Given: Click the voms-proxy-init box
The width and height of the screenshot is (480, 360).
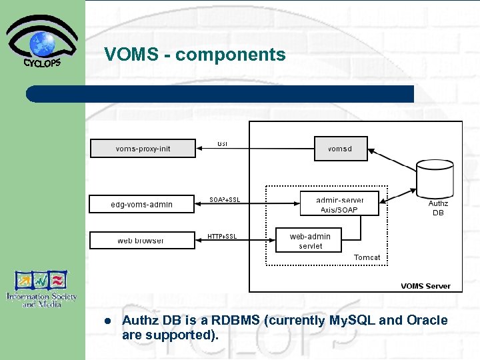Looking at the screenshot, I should pos(143,148).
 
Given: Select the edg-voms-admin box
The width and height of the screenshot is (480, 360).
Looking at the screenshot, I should pos(141,204).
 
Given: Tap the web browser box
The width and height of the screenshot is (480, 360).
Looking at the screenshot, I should pos(141,240).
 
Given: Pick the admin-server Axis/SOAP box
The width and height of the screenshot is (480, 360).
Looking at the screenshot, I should pos(339,205).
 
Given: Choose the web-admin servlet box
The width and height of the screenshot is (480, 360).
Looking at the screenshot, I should pos(310,241).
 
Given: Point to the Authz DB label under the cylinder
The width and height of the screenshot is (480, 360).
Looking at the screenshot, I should pos(438,208).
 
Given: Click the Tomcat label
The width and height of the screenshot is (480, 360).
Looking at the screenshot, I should pos(367,257).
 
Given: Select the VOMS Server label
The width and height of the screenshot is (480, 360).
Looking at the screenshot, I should pos(425,286).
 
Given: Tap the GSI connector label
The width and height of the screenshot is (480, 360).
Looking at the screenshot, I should pos(222,143).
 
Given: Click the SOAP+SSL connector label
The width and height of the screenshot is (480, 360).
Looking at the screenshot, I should pos(225,199).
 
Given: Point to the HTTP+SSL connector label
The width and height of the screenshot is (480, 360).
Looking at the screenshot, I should pos(222,236).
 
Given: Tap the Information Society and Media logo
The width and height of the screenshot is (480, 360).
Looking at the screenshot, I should pos(42,289).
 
